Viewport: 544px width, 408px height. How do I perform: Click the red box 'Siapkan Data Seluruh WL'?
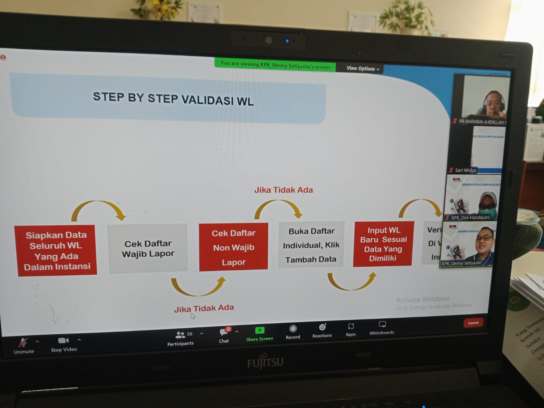pos(56,250)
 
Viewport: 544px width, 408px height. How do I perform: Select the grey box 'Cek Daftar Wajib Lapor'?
pos(148,249)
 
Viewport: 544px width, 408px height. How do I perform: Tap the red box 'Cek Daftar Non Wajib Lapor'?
pos(234,247)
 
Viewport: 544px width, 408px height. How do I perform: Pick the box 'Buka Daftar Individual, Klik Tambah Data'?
pos(311,245)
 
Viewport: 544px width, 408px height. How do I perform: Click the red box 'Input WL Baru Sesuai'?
pos(383,244)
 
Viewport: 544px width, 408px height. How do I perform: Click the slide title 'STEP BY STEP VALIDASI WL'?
pos(173,99)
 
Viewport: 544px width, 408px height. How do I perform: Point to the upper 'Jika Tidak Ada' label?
pos(284,190)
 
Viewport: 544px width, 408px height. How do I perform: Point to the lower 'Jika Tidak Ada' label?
pos(204,308)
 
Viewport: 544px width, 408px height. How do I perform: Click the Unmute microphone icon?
pos(23,342)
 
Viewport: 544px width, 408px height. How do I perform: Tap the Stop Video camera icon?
pos(63,340)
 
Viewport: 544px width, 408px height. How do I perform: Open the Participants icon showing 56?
pos(180,335)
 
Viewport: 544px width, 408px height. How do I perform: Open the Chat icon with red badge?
pos(224,332)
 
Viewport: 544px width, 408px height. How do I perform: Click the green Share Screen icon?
pos(259,330)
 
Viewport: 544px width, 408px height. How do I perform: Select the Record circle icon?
pos(293,328)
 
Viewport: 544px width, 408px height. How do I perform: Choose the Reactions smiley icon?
pos(322,327)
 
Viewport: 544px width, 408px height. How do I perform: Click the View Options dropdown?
pos(362,69)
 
